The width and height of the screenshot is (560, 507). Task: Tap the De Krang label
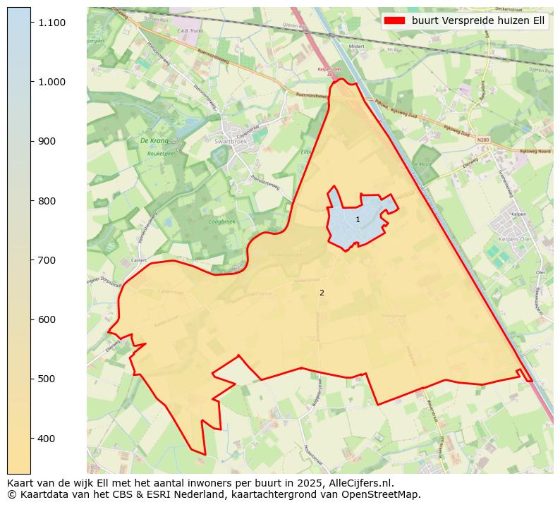pos(154,140)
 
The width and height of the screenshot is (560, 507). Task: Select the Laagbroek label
pos(222,221)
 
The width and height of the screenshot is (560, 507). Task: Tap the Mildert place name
pos(356,47)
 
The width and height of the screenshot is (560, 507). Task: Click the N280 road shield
pos(482,140)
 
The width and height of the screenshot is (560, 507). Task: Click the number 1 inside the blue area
pos(358,220)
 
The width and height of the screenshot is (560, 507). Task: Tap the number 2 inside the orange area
pos(322,293)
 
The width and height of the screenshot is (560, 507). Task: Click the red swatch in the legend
pos(395,20)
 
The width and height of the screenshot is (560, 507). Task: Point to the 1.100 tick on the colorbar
pos(52,23)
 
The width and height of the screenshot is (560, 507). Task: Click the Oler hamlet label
pos(540,271)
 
